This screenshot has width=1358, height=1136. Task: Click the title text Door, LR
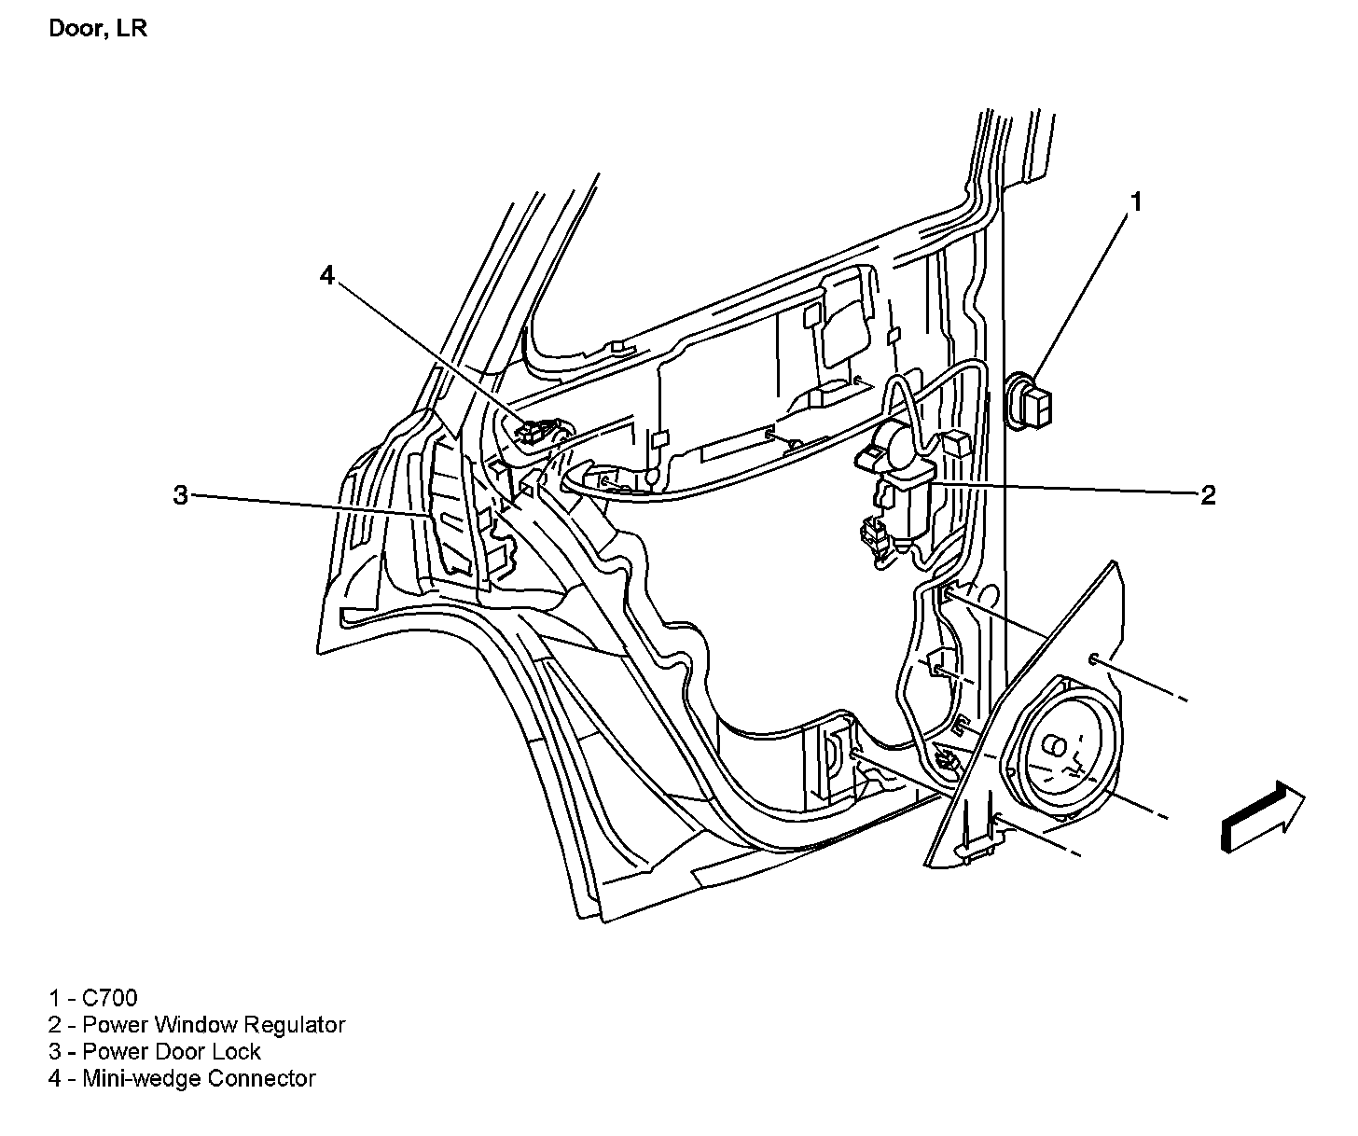click(x=97, y=29)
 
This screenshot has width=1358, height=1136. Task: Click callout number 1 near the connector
click(x=1136, y=201)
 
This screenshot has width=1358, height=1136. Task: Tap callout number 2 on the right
click(x=1208, y=494)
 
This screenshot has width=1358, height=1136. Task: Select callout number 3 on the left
click(x=180, y=494)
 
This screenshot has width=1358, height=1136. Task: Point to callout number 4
click(x=326, y=274)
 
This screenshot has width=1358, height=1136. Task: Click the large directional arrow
click(x=1262, y=816)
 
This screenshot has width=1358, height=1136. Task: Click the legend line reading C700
click(x=93, y=998)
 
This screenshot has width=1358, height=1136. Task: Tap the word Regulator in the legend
click(x=294, y=1025)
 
